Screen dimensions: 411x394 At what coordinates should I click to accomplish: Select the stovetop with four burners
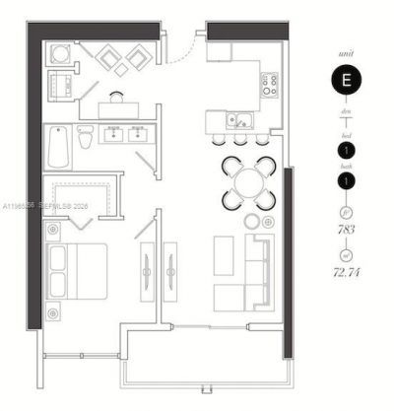tap(269, 85)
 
